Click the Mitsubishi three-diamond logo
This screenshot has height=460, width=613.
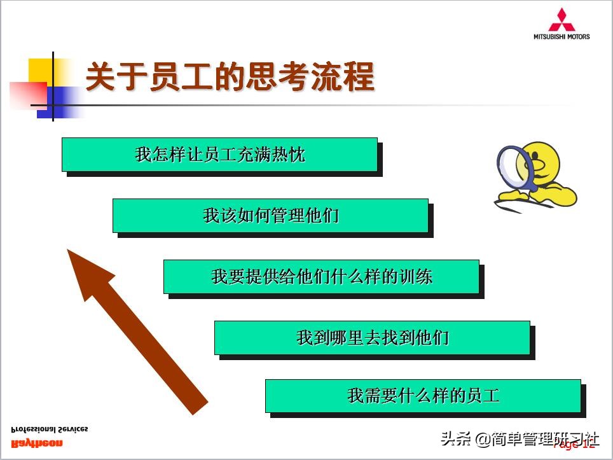561,19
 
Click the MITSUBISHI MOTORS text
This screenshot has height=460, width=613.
561,37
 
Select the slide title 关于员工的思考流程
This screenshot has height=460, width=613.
230,77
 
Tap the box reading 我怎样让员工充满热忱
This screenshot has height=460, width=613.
219,155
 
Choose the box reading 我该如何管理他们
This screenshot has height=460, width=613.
270,216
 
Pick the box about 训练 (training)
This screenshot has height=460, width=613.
321,277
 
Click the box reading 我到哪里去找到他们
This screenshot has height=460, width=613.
372,337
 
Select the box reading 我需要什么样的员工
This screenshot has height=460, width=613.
423,396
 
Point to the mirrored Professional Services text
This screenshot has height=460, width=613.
50,429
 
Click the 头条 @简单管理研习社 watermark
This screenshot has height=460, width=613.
520,439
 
